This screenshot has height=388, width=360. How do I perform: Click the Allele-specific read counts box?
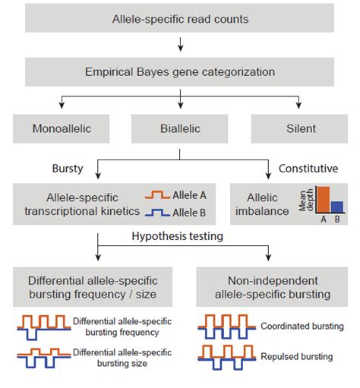[x=179, y=17]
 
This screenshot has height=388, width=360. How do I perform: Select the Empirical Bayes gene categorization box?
[x=179, y=72]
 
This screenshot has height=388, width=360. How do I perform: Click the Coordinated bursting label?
[x=302, y=326]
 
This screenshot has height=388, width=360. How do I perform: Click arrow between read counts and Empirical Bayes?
[x=179, y=45]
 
